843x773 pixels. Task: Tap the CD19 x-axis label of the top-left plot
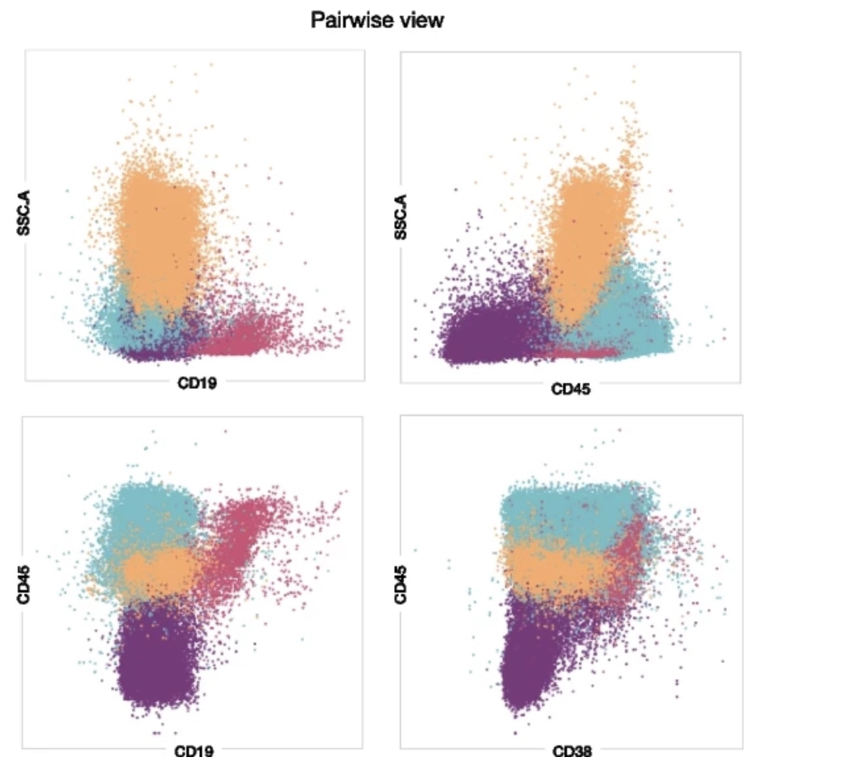tap(196, 383)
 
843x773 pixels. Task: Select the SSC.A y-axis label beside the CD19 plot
tap(24, 213)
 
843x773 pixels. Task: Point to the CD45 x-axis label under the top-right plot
tap(570, 389)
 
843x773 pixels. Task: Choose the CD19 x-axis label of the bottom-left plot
tap(194, 751)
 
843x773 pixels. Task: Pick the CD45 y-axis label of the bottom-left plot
tap(24, 585)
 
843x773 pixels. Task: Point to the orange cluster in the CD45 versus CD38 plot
tap(547, 566)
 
